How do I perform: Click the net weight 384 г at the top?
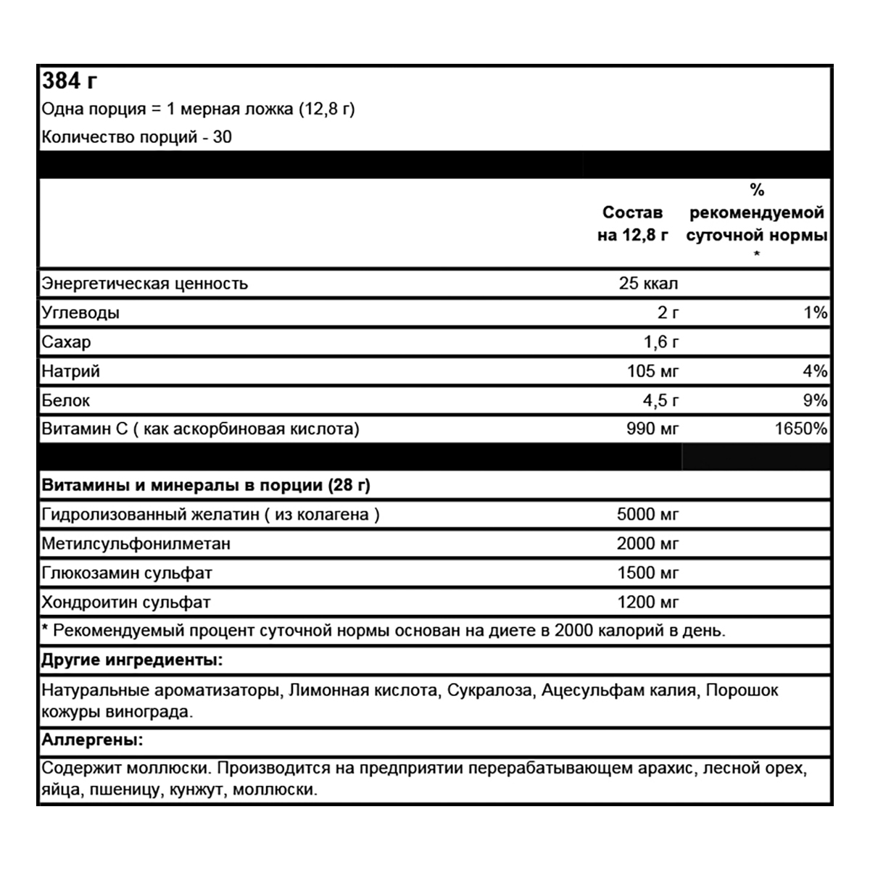[x=70, y=80]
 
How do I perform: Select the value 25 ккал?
[x=648, y=283]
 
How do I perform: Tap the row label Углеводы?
[x=80, y=313]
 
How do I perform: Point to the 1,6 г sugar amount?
[x=661, y=342]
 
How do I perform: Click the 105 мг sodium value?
[x=652, y=371]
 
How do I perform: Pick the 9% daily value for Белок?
[x=815, y=400]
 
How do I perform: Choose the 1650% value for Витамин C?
[x=800, y=428]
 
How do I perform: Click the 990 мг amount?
[x=652, y=428]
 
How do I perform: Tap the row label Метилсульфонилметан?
[x=136, y=544]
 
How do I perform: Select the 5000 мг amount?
[x=647, y=515]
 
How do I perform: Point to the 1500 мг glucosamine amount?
[x=647, y=573]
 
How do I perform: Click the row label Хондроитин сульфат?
[x=126, y=602]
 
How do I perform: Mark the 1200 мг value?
[x=647, y=602]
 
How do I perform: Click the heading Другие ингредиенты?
[x=132, y=660]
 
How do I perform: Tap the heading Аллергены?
[x=92, y=740]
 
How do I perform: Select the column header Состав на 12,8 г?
[x=632, y=224]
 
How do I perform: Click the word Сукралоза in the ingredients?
[x=489, y=690]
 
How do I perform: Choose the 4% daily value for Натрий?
[x=815, y=371]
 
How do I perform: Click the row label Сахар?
[x=66, y=342]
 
